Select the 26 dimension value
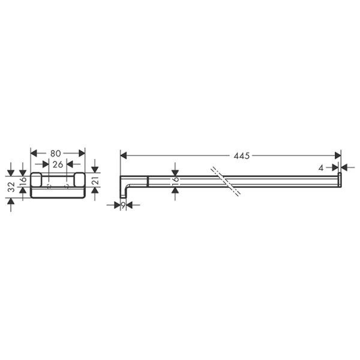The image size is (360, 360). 58,164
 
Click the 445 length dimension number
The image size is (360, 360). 241,155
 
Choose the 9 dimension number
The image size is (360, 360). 123,205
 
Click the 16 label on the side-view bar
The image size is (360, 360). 175,179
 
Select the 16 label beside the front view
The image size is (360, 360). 23,179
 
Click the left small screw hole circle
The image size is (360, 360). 50,187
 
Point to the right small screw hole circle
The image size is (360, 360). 66,187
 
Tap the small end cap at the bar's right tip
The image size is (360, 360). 339,179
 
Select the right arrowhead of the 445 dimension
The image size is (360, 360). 338,155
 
